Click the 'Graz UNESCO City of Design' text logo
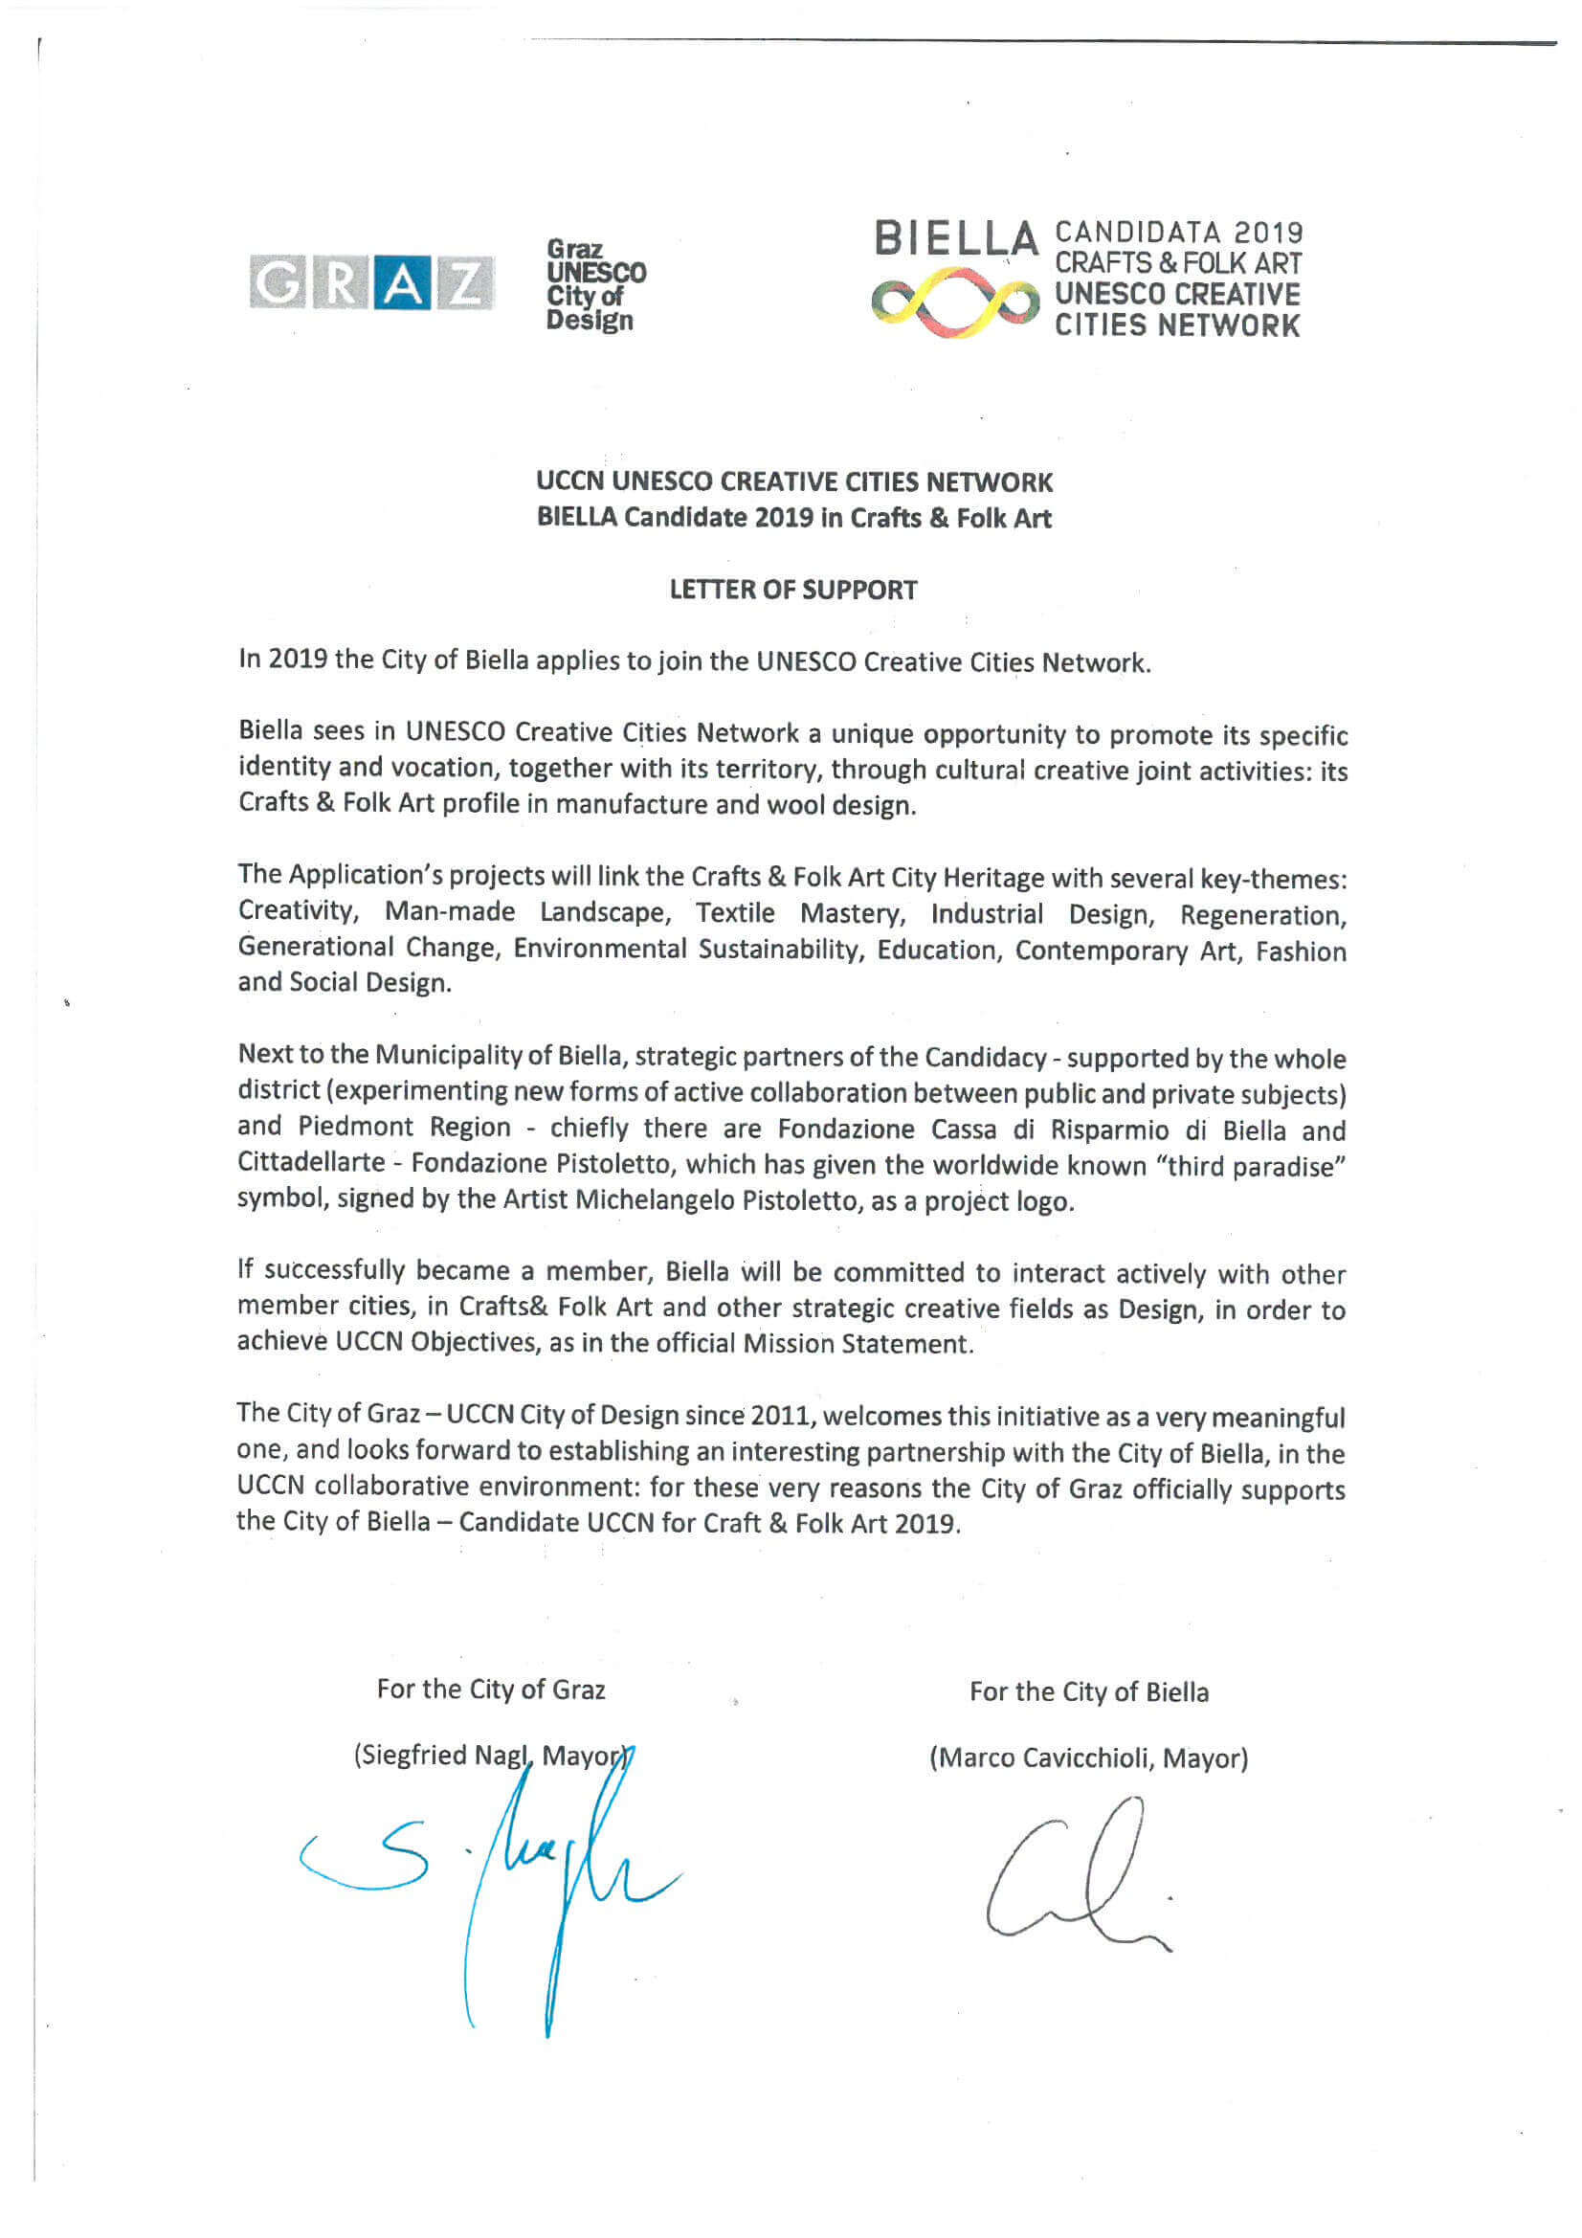[594, 284]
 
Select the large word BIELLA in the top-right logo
[955, 238]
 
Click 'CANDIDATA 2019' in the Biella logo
[1178, 233]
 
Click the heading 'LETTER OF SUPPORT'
[792, 590]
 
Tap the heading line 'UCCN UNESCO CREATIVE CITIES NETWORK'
[793, 481]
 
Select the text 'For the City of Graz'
[490, 1690]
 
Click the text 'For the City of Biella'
[1088, 1691]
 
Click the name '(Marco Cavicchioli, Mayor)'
[1088, 1757]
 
